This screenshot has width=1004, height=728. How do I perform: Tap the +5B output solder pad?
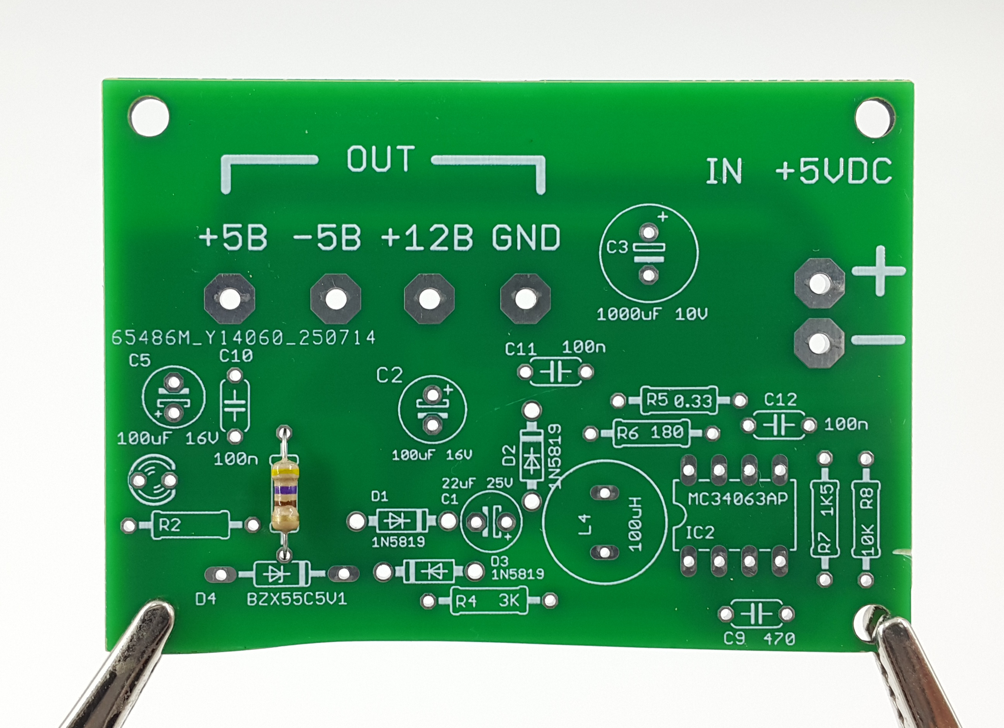[x=230, y=299]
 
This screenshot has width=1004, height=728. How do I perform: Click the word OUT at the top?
[x=381, y=159]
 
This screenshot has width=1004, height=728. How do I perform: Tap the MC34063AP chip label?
[x=738, y=498]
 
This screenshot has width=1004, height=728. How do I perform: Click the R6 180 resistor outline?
[x=651, y=433]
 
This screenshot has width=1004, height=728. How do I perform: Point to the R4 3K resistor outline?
[x=489, y=601]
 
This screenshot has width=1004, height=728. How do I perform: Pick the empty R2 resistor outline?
[x=191, y=525]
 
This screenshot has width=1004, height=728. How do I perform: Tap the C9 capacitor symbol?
[x=756, y=614]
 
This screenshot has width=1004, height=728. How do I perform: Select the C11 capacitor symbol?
[x=555, y=372]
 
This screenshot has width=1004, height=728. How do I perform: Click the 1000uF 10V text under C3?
[x=652, y=314]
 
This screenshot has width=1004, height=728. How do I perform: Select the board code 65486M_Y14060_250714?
[x=243, y=338]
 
